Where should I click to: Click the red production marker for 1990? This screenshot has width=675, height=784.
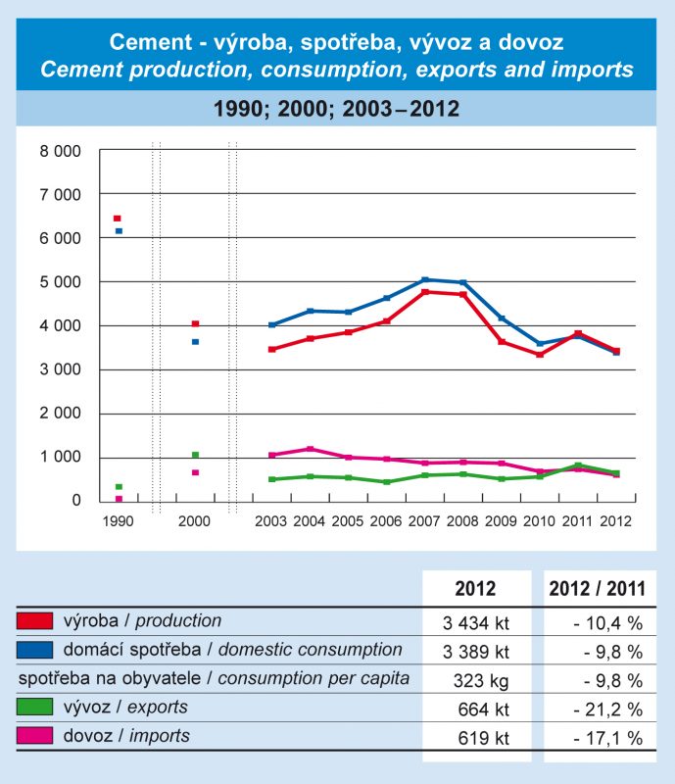[118, 219]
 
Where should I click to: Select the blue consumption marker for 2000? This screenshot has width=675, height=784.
[195, 342]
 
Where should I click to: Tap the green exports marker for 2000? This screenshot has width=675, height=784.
[195, 455]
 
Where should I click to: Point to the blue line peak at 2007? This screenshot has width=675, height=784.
[425, 280]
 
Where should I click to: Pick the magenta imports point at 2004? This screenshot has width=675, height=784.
[311, 449]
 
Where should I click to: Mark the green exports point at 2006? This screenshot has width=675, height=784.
[387, 482]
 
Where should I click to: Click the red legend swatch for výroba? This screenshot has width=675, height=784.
[34, 621]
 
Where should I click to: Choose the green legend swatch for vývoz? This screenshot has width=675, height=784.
[34, 708]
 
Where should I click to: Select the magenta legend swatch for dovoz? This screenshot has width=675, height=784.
[34, 736]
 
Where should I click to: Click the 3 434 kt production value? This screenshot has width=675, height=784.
[476, 621]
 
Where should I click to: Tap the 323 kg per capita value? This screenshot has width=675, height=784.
[477, 678]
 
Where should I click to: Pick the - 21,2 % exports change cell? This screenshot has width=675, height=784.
[600, 708]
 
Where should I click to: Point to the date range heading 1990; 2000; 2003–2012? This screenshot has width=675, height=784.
[337, 109]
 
